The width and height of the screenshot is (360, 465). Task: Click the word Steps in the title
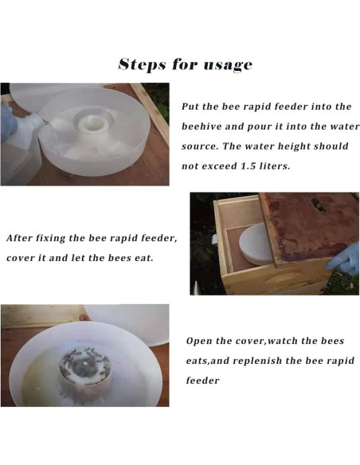(142, 64)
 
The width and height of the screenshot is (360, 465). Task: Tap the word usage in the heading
(228, 66)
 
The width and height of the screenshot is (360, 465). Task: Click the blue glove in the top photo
(7, 123)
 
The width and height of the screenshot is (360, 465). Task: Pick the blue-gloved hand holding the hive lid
(343, 259)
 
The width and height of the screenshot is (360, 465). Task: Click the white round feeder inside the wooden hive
(256, 244)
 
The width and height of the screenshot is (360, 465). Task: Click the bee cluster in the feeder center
(84, 363)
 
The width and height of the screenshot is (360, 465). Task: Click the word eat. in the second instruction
(144, 258)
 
